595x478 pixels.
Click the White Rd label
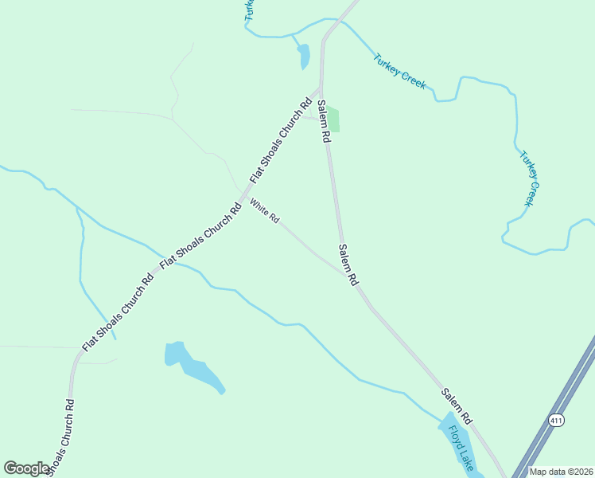point(265,211)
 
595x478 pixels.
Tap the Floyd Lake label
point(461,447)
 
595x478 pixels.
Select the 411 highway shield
point(556,419)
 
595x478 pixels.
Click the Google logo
point(26,468)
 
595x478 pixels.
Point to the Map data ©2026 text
point(562,472)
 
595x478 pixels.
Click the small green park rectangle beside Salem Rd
point(333,120)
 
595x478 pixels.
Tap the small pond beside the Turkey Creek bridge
point(303,56)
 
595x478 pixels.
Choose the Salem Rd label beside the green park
point(323,121)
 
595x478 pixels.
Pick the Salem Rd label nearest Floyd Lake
point(457,406)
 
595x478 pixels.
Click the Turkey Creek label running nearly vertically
point(531,178)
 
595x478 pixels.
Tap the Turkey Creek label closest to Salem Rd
point(399,71)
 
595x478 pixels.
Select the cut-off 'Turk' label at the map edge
point(248,10)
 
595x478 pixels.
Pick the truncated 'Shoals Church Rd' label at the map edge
point(60,437)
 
